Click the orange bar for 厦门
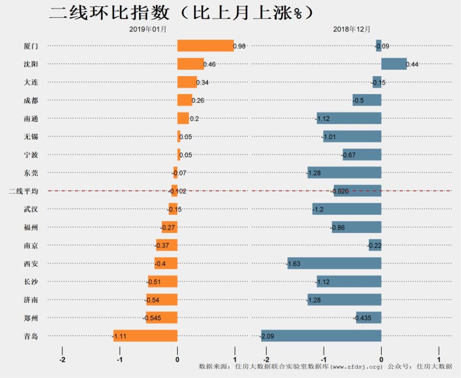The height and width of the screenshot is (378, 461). pyautogui.click(x=206, y=46)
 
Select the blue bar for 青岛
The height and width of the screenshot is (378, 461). pyautogui.click(x=321, y=336)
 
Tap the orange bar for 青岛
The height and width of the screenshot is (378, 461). pyautogui.click(x=145, y=336)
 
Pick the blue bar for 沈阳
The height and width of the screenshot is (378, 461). pyautogui.click(x=394, y=64)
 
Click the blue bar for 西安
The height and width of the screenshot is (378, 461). pyautogui.click(x=334, y=263)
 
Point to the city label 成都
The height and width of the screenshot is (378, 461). pyautogui.click(x=31, y=101)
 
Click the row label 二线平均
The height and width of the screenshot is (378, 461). pyautogui.click(x=24, y=191)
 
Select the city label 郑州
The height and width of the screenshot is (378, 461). pyautogui.click(x=31, y=318)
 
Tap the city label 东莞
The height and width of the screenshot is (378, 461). pyautogui.click(x=31, y=173)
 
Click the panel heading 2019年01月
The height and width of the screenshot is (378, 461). pyautogui.click(x=148, y=29)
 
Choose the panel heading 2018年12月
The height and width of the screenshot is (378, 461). pyautogui.click(x=352, y=29)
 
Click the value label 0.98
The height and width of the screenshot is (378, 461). pyautogui.click(x=239, y=46)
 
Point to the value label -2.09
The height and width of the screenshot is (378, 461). pyautogui.click(x=267, y=336)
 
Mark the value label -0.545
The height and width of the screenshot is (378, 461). pyautogui.click(x=152, y=318)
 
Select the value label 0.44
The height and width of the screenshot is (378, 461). pyautogui.click(x=412, y=65)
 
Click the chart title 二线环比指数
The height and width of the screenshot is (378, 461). pyautogui.click(x=109, y=13)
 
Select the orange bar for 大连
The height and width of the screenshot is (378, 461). pyautogui.click(x=187, y=82)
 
